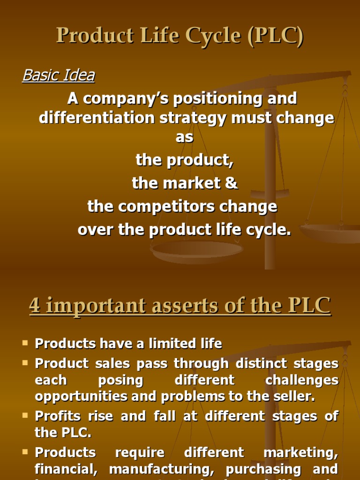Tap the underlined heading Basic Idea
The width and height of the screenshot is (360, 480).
59,75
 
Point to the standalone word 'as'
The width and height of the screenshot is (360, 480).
184,138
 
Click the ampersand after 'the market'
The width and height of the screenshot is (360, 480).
231,183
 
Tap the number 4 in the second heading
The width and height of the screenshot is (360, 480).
35,306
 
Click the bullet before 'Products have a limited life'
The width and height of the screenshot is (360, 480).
25,344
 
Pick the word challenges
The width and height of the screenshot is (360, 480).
302,380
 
